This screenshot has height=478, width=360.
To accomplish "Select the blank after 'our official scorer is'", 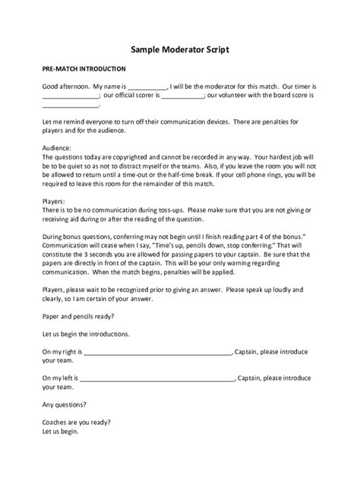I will click(x=183, y=97).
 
